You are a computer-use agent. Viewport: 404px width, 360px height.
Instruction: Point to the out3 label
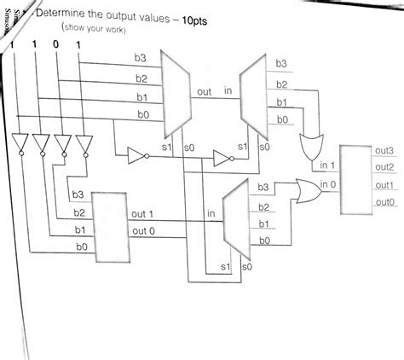click(385, 150)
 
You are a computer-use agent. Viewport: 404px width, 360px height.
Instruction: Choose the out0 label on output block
click(385, 202)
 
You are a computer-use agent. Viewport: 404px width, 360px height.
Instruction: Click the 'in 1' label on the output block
click(328, 165)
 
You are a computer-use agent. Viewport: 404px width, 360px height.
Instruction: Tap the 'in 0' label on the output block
click(328, 184)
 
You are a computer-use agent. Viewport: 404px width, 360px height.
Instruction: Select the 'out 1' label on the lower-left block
click(143, 213)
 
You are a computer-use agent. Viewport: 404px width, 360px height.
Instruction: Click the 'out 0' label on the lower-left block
click(143, 230)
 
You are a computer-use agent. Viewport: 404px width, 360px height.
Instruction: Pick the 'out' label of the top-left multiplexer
click(205, 90)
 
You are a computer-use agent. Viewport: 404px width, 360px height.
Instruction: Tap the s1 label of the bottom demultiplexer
click(224, 267)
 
